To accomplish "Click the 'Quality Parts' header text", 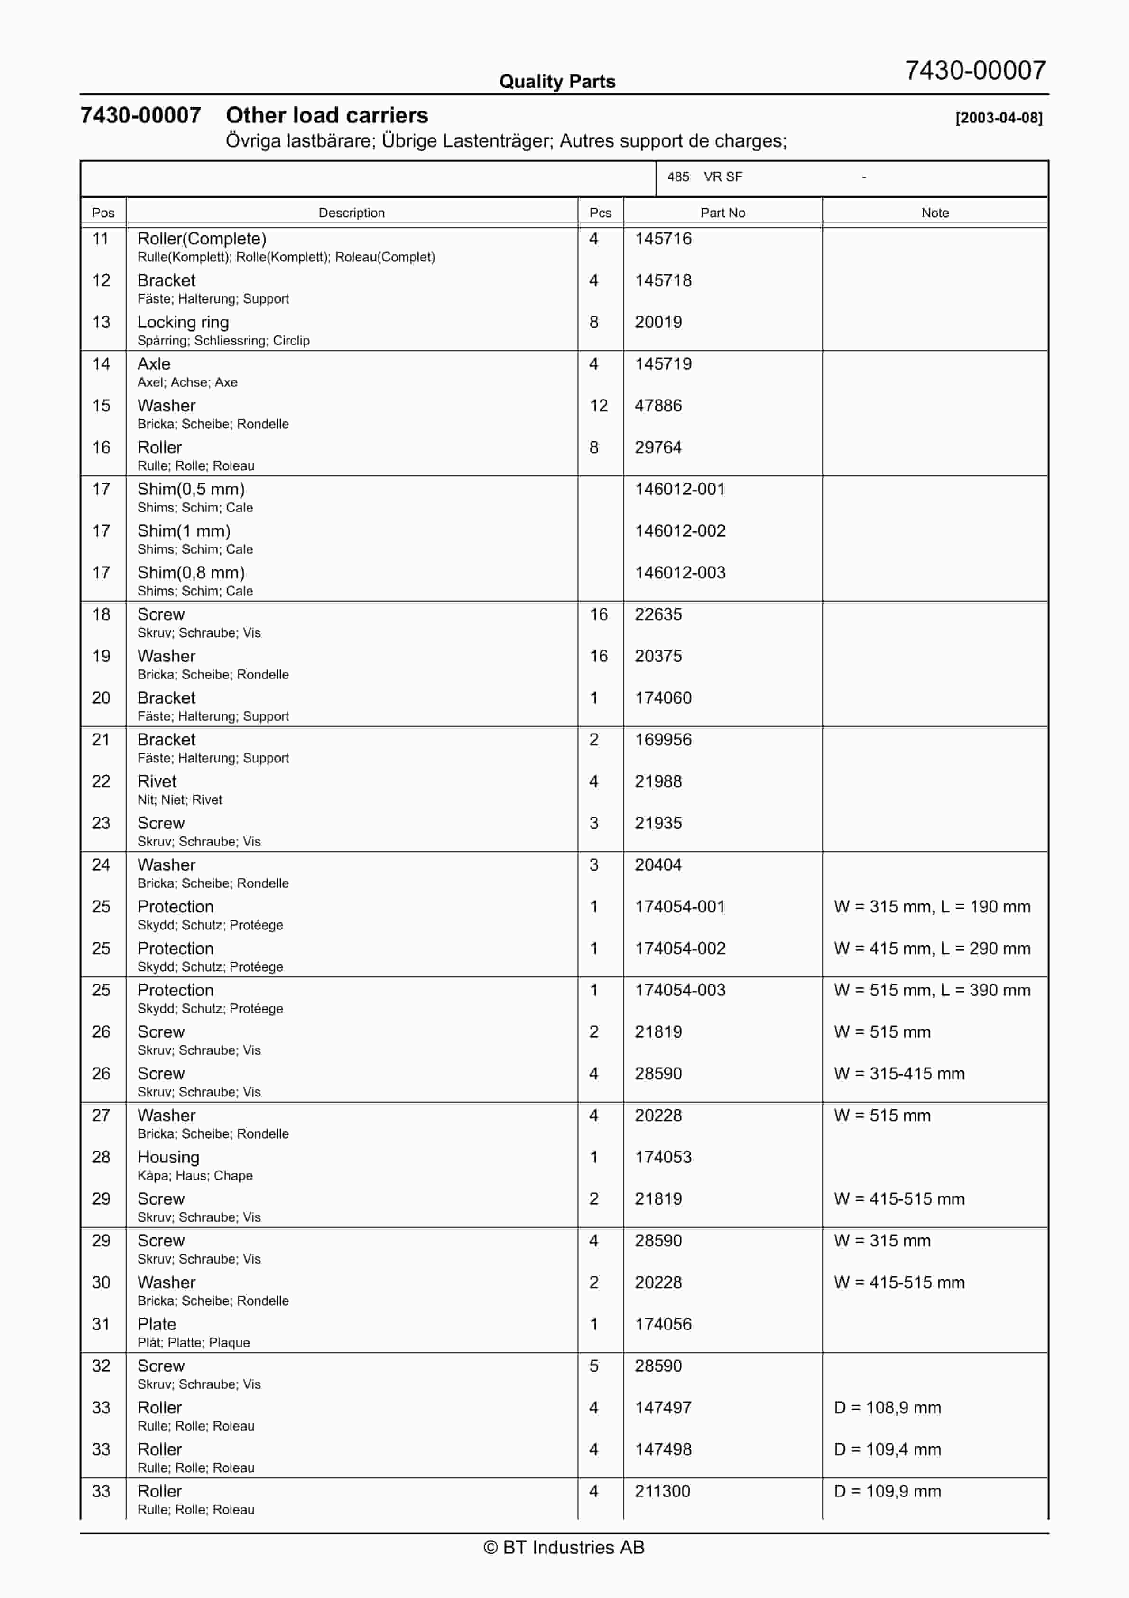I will (557, 82).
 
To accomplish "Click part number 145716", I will (663, 239).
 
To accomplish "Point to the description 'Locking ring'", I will (183, 322).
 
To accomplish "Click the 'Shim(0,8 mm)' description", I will (191, 573).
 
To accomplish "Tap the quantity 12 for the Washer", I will (599, 406).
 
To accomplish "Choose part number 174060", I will (663, 698).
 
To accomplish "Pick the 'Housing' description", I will (168, 1157).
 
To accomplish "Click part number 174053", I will (663, 1157).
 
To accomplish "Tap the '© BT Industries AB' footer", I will (564, 1547).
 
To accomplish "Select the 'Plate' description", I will (157, 1325).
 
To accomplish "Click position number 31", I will (101, 1325).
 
